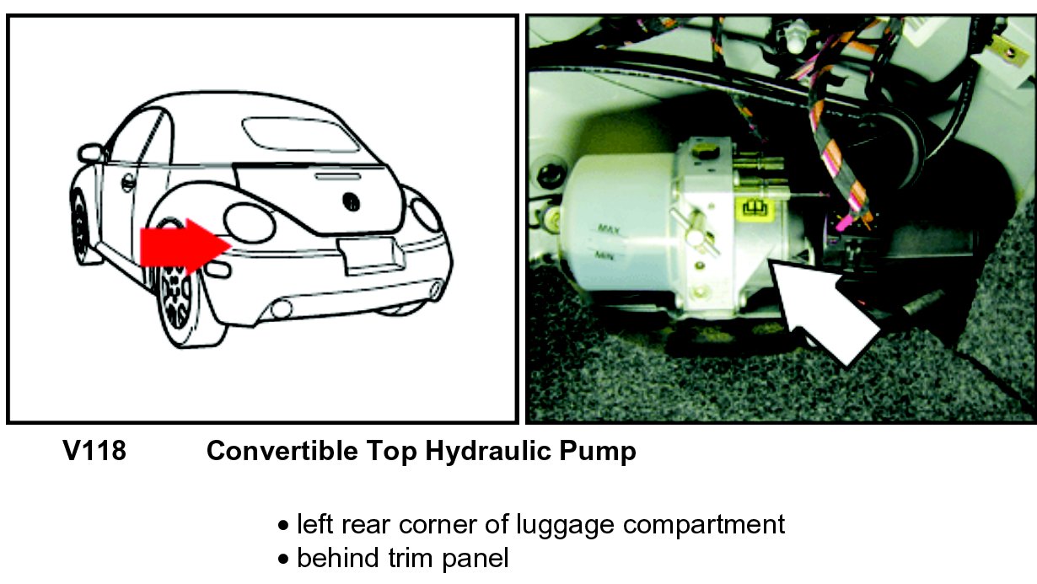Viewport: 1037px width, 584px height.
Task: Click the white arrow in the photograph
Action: [x=824, y=311]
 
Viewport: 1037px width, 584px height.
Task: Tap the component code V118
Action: [x=94, y=451]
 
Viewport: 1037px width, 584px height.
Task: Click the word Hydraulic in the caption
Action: [x=488, y=452]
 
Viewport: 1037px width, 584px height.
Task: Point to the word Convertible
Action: [x=282, y=451]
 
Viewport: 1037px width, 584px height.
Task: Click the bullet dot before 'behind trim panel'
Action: [x=283, y=559]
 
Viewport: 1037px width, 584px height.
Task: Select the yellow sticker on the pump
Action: [x=755, y=208]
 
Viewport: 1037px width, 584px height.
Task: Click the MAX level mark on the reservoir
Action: [x=610, y=228]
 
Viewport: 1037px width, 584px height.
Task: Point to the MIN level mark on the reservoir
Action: [x=604, y=254]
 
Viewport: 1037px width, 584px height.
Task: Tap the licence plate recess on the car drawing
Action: [x=371, y=256]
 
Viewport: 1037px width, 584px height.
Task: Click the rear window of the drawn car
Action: [x=301, y=134]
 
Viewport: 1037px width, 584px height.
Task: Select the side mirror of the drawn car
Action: [x=90, y=153]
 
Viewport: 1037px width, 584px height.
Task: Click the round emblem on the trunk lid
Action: [x=352, y=201]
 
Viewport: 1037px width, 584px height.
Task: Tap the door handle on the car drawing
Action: [x=128, y=182]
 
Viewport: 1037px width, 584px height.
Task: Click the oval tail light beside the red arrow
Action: [x=250, y=223]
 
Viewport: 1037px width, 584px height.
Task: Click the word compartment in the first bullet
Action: [x=704, y=526]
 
